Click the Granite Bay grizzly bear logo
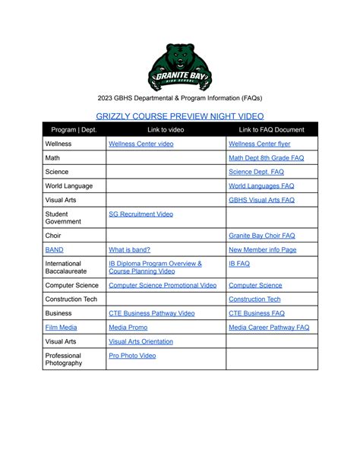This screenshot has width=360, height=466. tap(179, 67)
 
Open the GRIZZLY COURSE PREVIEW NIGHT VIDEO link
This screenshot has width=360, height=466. tap(179, 116)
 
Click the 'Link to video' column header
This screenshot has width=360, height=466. tap(166, 130)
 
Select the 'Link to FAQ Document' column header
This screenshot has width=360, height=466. tap(271, 130)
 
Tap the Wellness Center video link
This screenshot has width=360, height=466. tap(141, 144)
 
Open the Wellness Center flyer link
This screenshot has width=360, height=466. tap(259, 144)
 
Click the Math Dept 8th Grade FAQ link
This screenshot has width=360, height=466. tap(266, 158)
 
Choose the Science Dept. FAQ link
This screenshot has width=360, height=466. tap(256, 172)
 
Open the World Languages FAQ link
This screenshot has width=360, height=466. tap(261, 185)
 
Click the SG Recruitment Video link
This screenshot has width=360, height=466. tap(141, 214)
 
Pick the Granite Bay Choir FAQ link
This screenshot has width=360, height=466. tap(261, 236)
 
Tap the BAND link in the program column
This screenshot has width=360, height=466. tap(54, 249)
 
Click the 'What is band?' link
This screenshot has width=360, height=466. tap(129, 249)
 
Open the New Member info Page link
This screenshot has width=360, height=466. tap(262, 249)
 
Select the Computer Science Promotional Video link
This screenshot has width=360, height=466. tap(163, 285)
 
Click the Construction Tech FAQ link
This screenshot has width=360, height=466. tap(254, 299)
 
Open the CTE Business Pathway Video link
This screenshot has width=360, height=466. tap(151, 312)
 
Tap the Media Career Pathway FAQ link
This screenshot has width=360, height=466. tap(269, 327)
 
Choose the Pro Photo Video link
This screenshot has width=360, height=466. tap(132, 355)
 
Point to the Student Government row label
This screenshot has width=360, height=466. tap(62, 218)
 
